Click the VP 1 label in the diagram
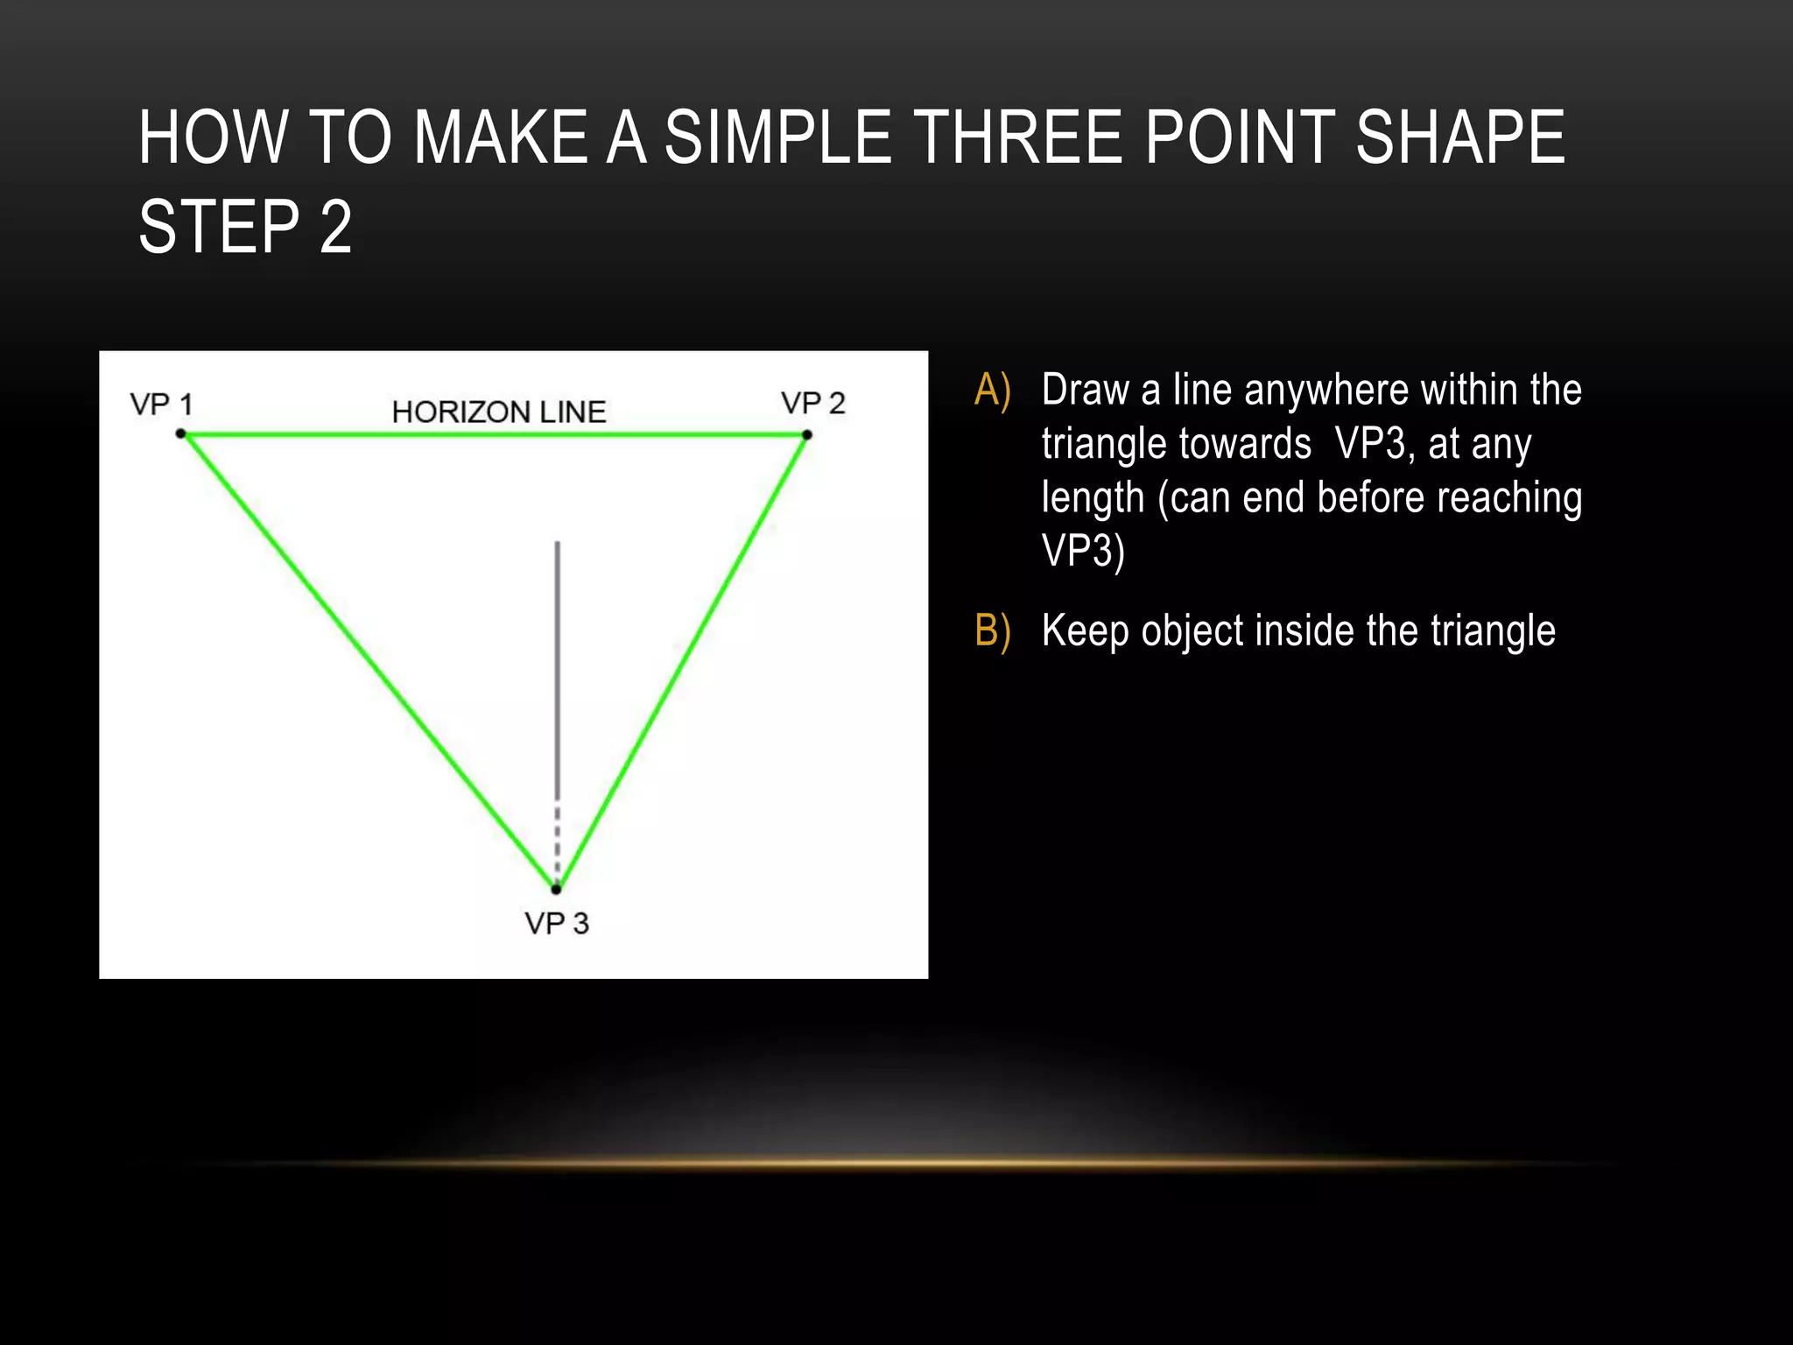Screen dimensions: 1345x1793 (x=161, y=405)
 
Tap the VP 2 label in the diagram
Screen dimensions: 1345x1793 (x=813, y=403)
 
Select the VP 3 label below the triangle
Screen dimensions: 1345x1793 (x=557, y=923)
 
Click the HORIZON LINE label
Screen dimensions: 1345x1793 (x=499, y=412)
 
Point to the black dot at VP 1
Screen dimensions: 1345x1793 (x=181, y=433)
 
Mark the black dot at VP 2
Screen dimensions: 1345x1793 (x=807, y=434)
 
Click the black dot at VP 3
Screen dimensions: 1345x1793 (x=556, y=889)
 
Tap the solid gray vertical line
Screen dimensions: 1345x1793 (x=558, y=665)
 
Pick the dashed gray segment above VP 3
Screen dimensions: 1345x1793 (x=558, y=841)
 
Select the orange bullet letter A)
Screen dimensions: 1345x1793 (x=993, y=390)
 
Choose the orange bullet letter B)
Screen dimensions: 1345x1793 (x=993, y=630)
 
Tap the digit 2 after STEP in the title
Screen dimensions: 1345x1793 (x=335, y=227)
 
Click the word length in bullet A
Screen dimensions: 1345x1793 (x=1093, y=497)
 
